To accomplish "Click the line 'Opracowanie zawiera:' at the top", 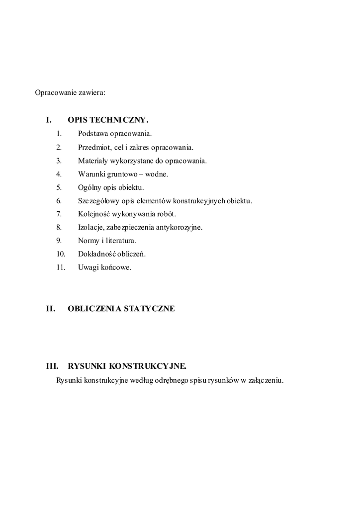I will coord(70,92).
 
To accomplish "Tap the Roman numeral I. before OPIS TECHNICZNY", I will coord(49,120).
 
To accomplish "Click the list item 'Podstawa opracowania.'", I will coord(115,134).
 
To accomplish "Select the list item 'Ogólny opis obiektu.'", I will coord(111,187).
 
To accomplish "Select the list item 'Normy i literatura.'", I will coord(107,241).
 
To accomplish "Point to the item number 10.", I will coord(61,254).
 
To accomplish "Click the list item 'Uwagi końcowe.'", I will coord(104,268).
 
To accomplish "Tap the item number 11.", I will coord(61,268).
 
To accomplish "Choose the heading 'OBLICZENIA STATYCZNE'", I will coord(121,309).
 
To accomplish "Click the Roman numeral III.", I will coord(52,367).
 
